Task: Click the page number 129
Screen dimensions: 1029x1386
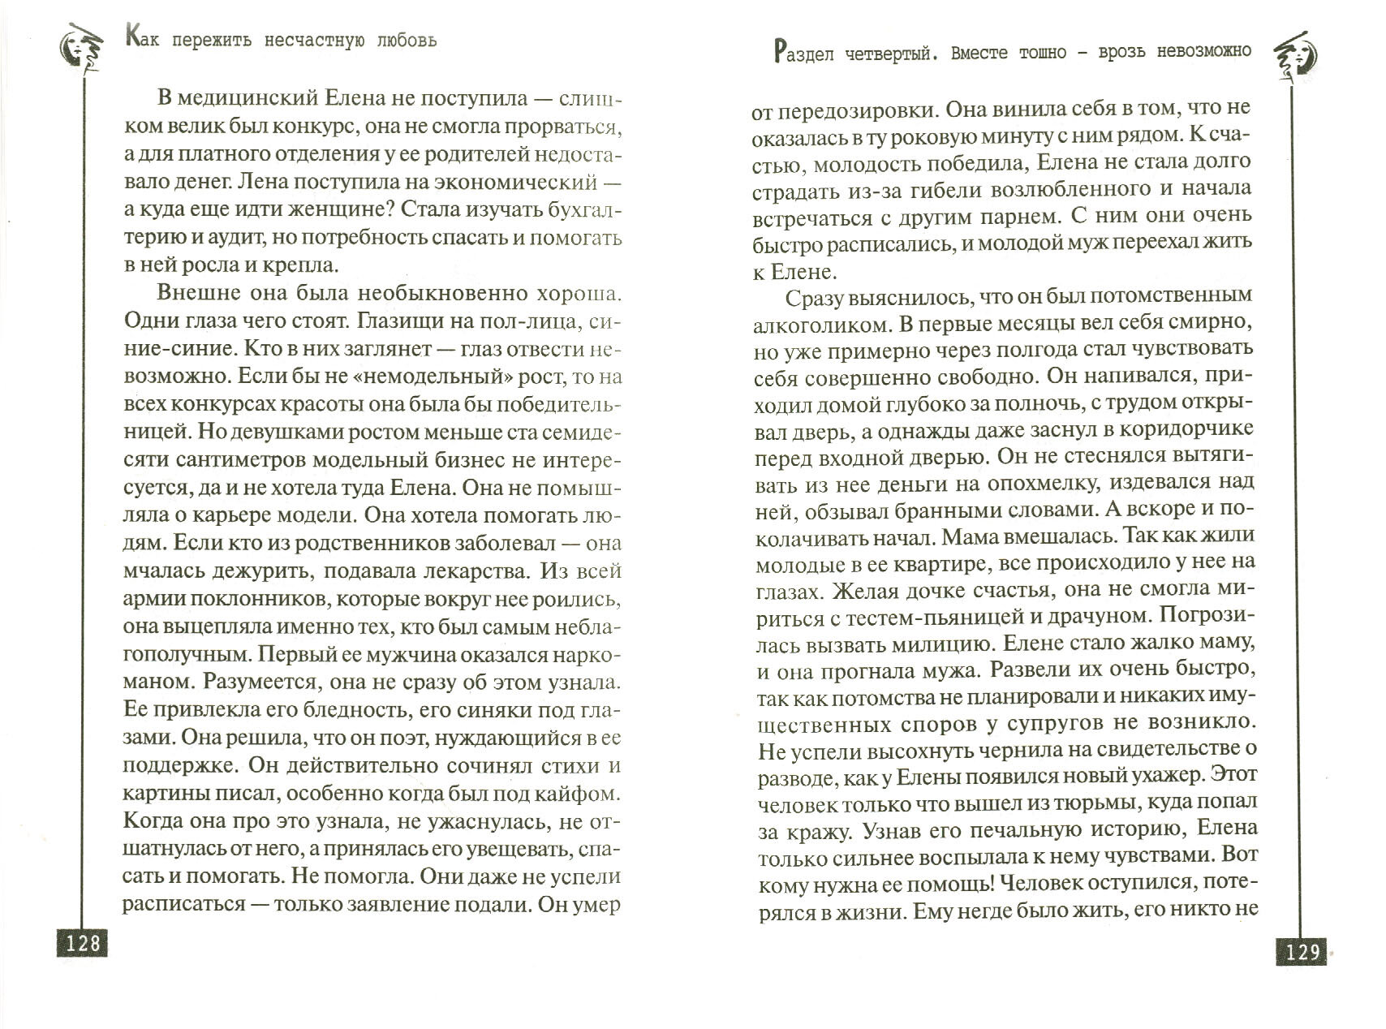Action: coord(1302,950)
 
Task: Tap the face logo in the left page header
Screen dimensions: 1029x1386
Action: coord(77,53)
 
